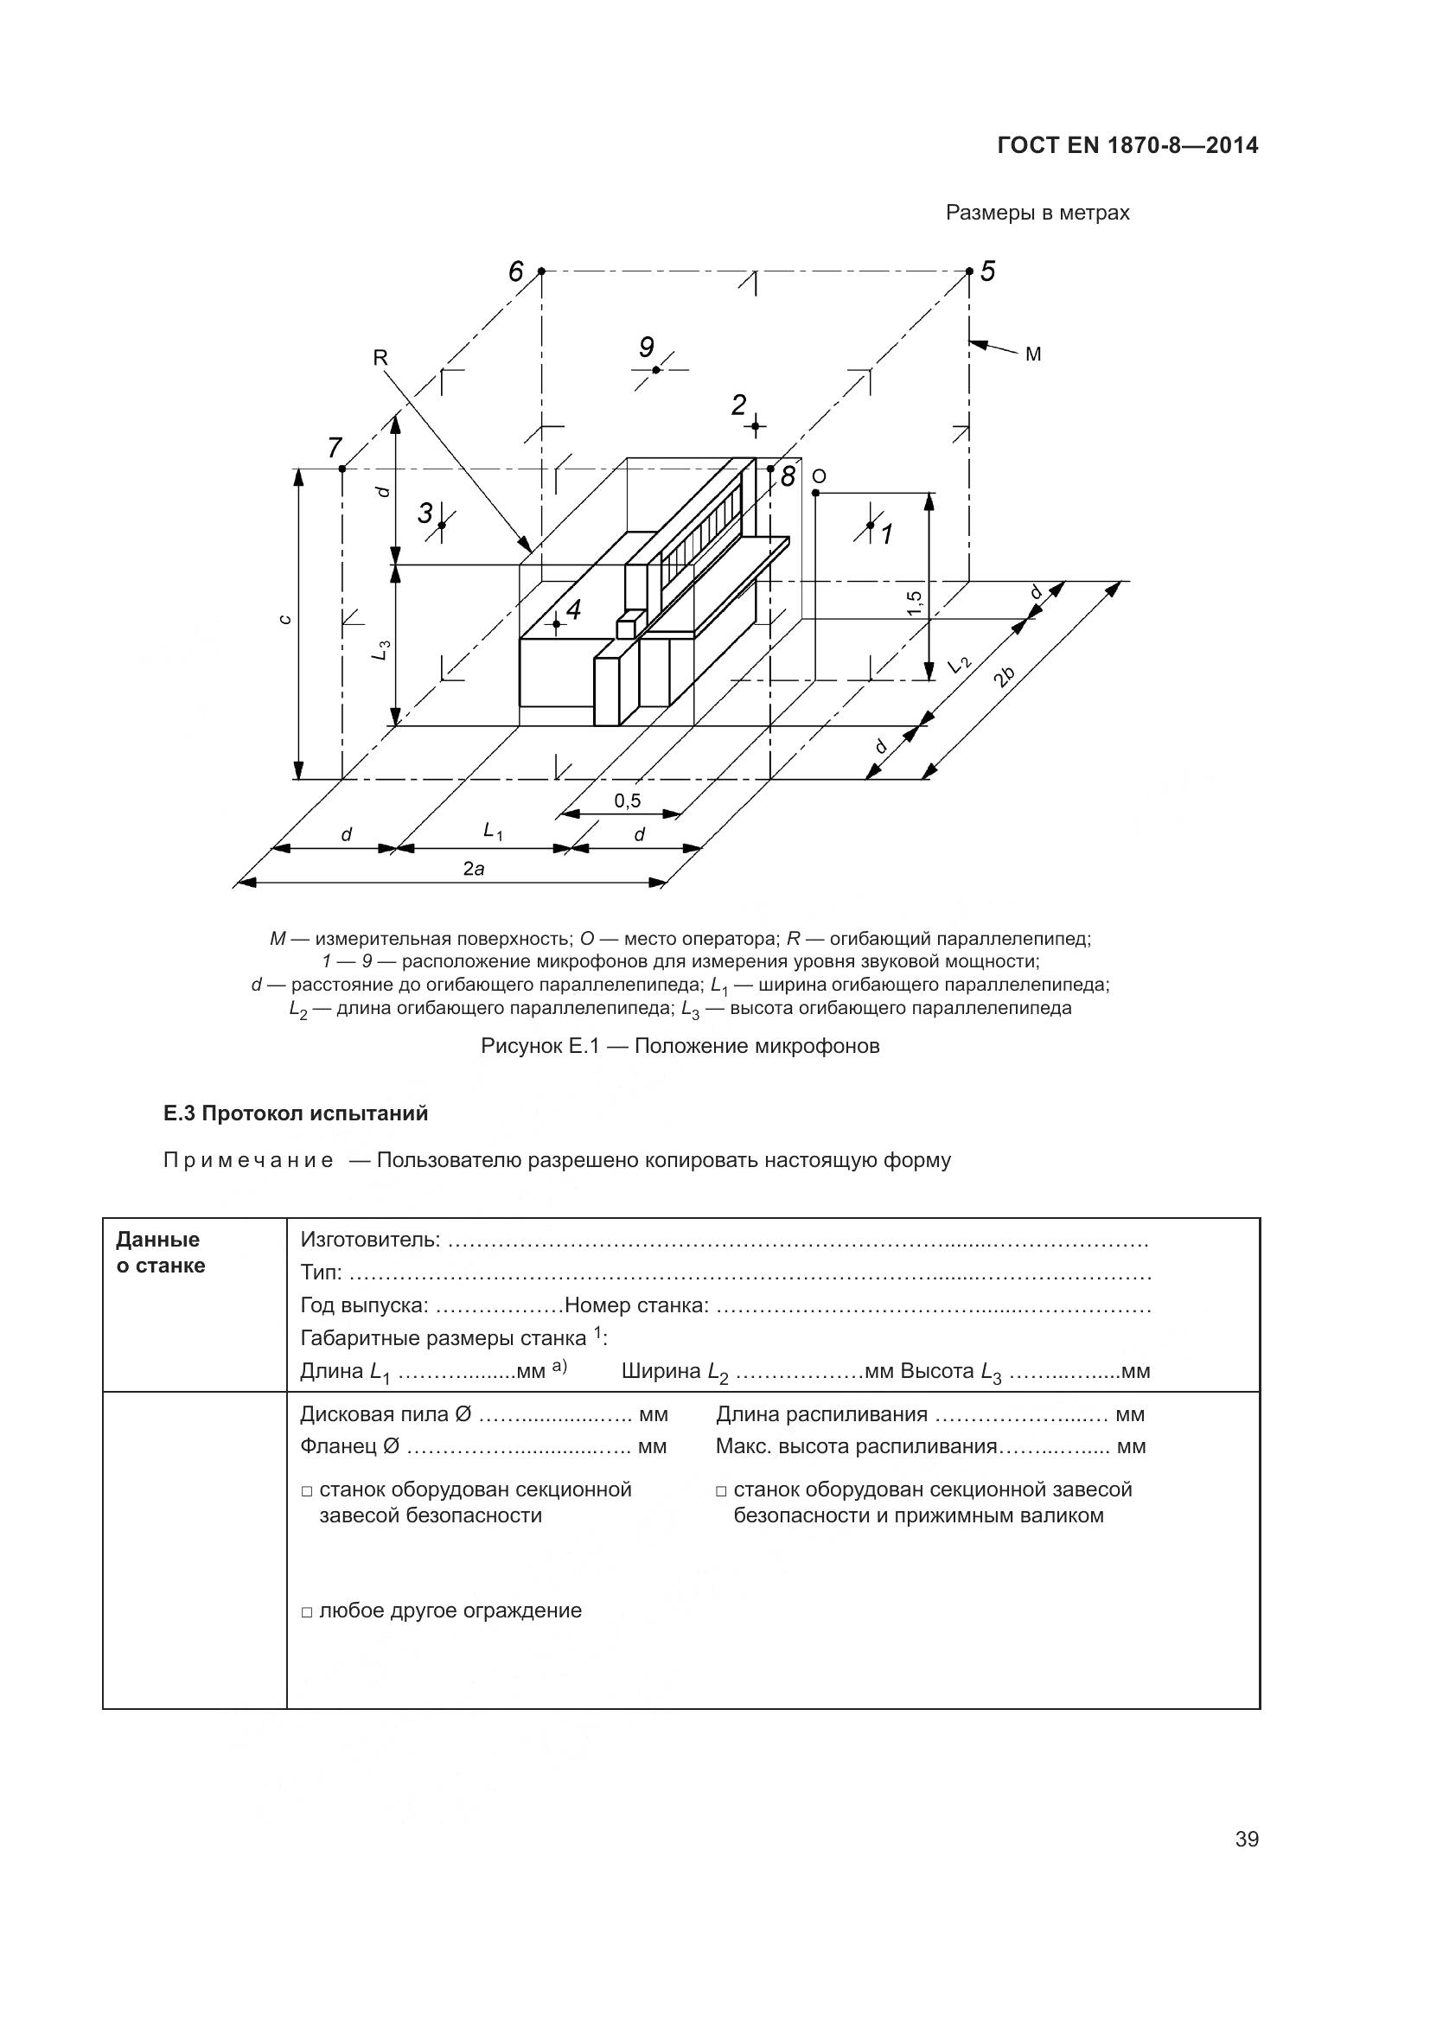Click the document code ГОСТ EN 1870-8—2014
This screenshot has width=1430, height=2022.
[1127, 145]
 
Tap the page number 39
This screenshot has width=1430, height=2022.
[1246, 1839]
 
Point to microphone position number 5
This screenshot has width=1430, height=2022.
[987, 272]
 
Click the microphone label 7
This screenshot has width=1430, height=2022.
[335, 449]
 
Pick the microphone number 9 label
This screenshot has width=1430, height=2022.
[647, 348]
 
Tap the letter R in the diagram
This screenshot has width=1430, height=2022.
[380, 357]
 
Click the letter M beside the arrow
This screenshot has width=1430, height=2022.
[1033, 354]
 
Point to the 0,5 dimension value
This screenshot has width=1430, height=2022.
[628, 801]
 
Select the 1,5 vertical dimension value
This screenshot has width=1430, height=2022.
[914, 603]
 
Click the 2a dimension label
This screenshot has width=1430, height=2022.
[474, 869]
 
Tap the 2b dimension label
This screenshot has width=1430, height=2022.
[1004, 676]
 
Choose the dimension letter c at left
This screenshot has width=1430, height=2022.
[284, 619]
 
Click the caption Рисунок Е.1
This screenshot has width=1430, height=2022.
[680, 1046]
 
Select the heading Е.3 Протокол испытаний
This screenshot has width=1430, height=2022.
[296, 1113]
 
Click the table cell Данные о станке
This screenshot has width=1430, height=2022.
[160, 1253]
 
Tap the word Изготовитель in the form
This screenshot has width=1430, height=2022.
[370, 1240]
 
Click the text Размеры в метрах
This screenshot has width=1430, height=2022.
[1037, 214]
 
